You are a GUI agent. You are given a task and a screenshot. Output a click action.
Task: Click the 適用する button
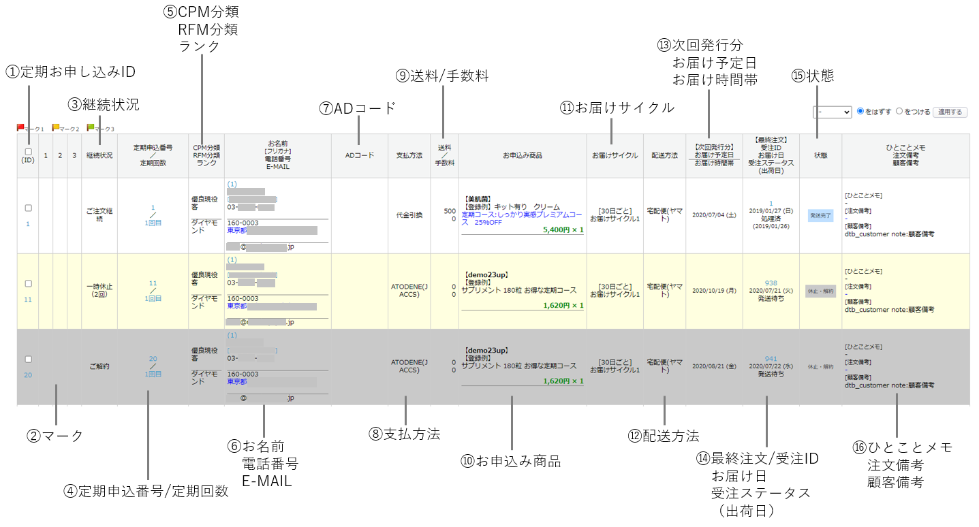point(950,112)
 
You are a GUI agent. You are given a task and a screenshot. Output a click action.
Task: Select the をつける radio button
point(899,112)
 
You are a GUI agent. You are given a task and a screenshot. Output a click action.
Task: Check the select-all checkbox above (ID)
point(28,152)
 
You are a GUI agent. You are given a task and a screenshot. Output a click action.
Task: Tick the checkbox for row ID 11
point(29,284)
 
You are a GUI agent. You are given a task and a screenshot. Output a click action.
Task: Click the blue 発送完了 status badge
point(820,215)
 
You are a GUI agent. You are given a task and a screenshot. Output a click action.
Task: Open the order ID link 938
point(771,283)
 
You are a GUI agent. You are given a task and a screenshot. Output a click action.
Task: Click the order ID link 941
point(771,359)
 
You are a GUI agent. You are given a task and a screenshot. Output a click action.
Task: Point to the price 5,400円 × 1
point(563,230)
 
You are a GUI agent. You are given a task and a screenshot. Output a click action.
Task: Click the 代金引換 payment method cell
point(409,215)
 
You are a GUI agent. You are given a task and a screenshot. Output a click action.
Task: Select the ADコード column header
point(359,155)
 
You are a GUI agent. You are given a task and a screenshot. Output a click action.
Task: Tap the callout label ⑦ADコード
point(357,108)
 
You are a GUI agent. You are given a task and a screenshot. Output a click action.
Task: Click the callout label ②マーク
point(55,436)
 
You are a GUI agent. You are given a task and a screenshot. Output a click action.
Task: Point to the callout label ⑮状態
point(813,76)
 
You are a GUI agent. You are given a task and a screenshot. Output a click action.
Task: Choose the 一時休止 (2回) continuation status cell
point(99,291)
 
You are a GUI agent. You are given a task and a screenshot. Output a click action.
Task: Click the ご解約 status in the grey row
point(99,366)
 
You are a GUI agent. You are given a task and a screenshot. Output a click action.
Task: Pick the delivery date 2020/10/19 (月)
point(713,291)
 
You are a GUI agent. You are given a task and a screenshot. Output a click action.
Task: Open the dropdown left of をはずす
point(832,112)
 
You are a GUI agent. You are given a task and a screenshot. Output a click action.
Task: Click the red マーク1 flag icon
point(20,127)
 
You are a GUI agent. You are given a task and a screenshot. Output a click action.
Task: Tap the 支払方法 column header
point(409,155)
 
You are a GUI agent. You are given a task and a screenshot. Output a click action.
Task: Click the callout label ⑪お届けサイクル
point(617,108)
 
